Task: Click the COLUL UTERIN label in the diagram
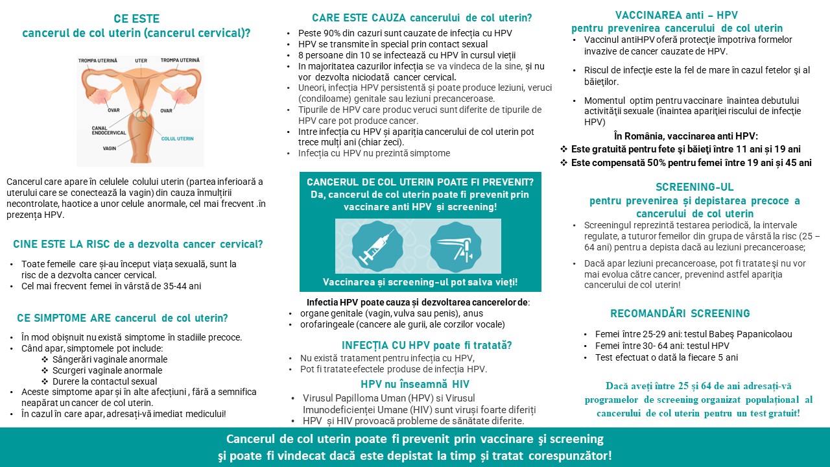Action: tap(178, 139)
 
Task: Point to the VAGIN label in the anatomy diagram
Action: tap(109, 149)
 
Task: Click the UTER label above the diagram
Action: tap(141, 60)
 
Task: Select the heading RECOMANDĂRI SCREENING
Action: tap(680, 313)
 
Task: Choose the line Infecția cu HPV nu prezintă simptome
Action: tap(373, 153)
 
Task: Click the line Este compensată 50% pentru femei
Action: tap(691, 163)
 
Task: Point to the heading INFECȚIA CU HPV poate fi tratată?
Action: tap(427, 345)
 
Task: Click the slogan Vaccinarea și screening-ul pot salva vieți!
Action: tap(420, 282)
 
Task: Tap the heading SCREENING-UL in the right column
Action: tap(694, 187)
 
